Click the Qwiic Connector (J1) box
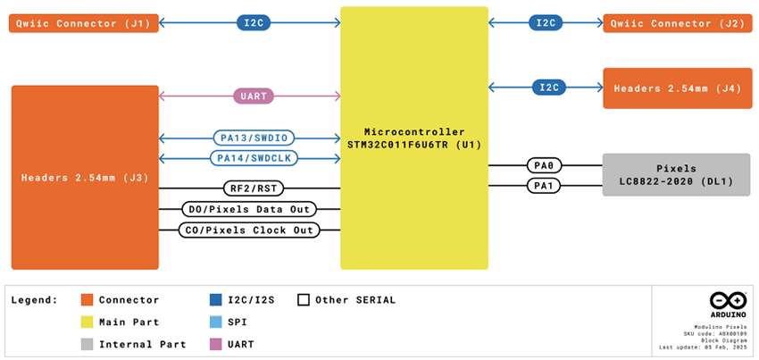click(x=84, y=23)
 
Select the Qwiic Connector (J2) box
click(x=677, y=23)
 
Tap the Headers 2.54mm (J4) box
click(x=677, y=88)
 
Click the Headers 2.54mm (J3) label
click(x=85, y=178)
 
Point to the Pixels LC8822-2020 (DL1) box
click(x=677, y=175)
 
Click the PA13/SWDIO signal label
click(x=254, y=138)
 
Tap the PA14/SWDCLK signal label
click(x=254, y=158)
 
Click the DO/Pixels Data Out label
click(x=250, y=209)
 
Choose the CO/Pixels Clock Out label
click(x=250, y=230)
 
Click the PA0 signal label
click(x=543, y=165)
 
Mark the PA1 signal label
click(x=543, y=186)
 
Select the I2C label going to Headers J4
click(x=547, y=88)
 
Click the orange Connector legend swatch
click(x=87, y=300)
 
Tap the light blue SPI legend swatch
click(x=215, y=322)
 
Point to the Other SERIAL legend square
click(x=303, y=300)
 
